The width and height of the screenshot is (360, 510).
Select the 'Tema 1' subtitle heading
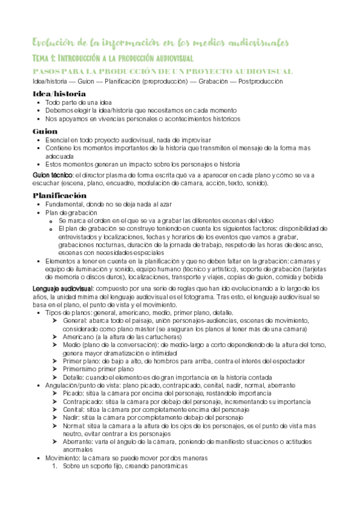[112, 58]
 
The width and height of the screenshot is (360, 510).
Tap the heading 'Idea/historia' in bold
[59, 94]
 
